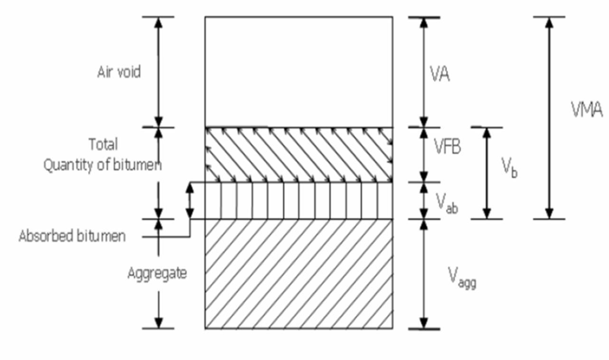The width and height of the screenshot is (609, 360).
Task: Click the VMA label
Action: tap(587, 111)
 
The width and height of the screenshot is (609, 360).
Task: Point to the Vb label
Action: tap(509, 167)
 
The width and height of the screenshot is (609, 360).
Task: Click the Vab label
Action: tap(447, 203)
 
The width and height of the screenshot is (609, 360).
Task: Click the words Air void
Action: tap(119, 73)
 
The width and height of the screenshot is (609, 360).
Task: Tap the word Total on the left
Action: tap(103, 144)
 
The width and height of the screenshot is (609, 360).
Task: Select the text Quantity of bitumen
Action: tap(103, 165)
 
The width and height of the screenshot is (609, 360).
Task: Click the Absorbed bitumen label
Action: tap(72, 236)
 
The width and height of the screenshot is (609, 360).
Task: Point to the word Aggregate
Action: tap(157, 274)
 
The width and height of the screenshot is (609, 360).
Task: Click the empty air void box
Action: tap(299, 71)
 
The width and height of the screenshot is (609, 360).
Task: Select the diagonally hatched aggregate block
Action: tap(299, 274)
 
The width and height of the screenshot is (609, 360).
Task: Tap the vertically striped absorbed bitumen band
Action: tap(299, 201)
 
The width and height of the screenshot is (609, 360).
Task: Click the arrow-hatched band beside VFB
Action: tap(299, 154)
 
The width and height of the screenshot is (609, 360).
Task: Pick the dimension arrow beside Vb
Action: tap(486, 173)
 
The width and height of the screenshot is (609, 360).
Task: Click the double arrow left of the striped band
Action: tap(189, 200)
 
